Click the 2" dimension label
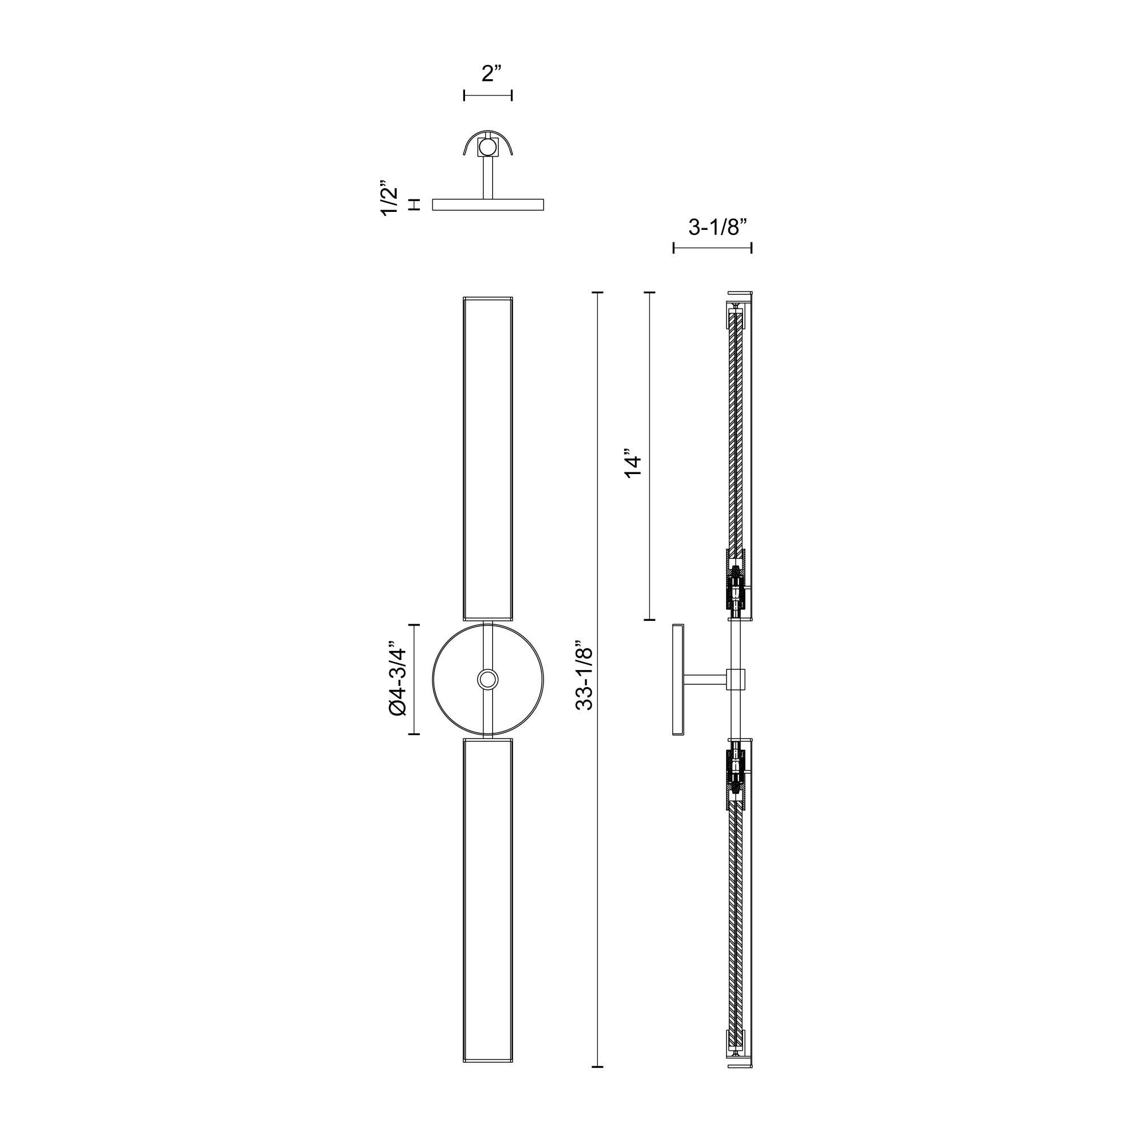[492, 73]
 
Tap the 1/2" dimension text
[390, 198]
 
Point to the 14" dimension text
[633, 464]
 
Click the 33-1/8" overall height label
[584, 679]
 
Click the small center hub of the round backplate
[488, 680]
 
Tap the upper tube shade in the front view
[488, 459]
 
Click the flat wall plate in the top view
[488, 204]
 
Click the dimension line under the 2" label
[488, 95]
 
